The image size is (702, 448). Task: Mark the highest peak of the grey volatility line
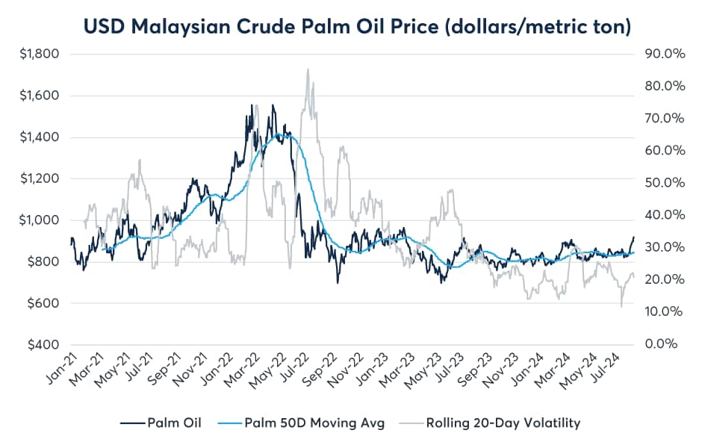pos(308,69)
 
